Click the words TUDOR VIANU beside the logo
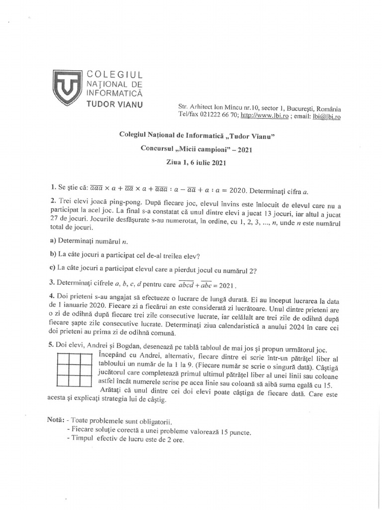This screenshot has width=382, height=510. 115,104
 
